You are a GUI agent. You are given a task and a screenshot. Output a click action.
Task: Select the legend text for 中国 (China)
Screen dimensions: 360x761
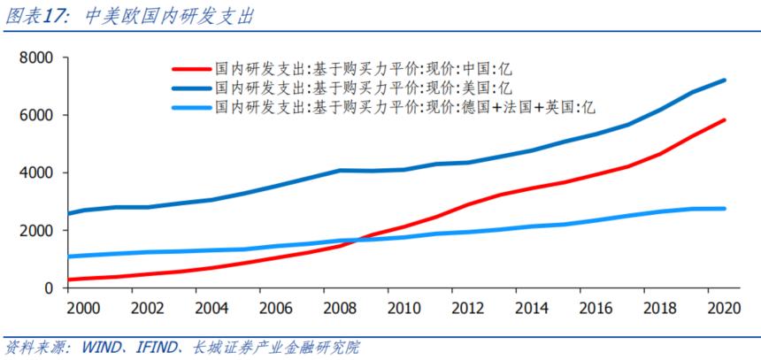click(x=363, y=68)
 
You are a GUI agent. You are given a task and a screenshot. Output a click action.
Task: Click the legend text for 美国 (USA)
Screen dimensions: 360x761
click(x=363, y=87)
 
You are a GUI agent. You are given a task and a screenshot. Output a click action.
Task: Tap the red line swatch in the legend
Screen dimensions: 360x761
click(x=192, y=68)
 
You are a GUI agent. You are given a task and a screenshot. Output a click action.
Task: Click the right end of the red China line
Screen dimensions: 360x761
click(x=726, y=120)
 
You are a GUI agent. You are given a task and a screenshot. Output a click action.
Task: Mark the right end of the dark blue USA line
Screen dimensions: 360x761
click(x=726, y=80)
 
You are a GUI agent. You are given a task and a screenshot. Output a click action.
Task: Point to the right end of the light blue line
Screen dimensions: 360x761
click(x=726, y=209)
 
